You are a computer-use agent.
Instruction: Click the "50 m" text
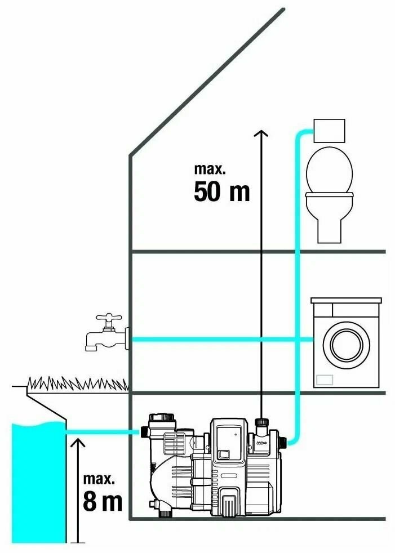coord(221,192)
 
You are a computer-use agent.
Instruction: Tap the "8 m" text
coord(102,501)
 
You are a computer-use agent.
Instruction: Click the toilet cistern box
coord(329,130)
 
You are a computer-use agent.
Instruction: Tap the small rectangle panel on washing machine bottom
coord(325,380)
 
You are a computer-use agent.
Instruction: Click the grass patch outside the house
coord(78,384)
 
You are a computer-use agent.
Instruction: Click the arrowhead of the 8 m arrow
coord(77,443)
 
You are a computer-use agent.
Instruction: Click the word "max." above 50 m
coord(210,168)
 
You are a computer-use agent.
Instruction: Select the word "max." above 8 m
coord(99,479)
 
